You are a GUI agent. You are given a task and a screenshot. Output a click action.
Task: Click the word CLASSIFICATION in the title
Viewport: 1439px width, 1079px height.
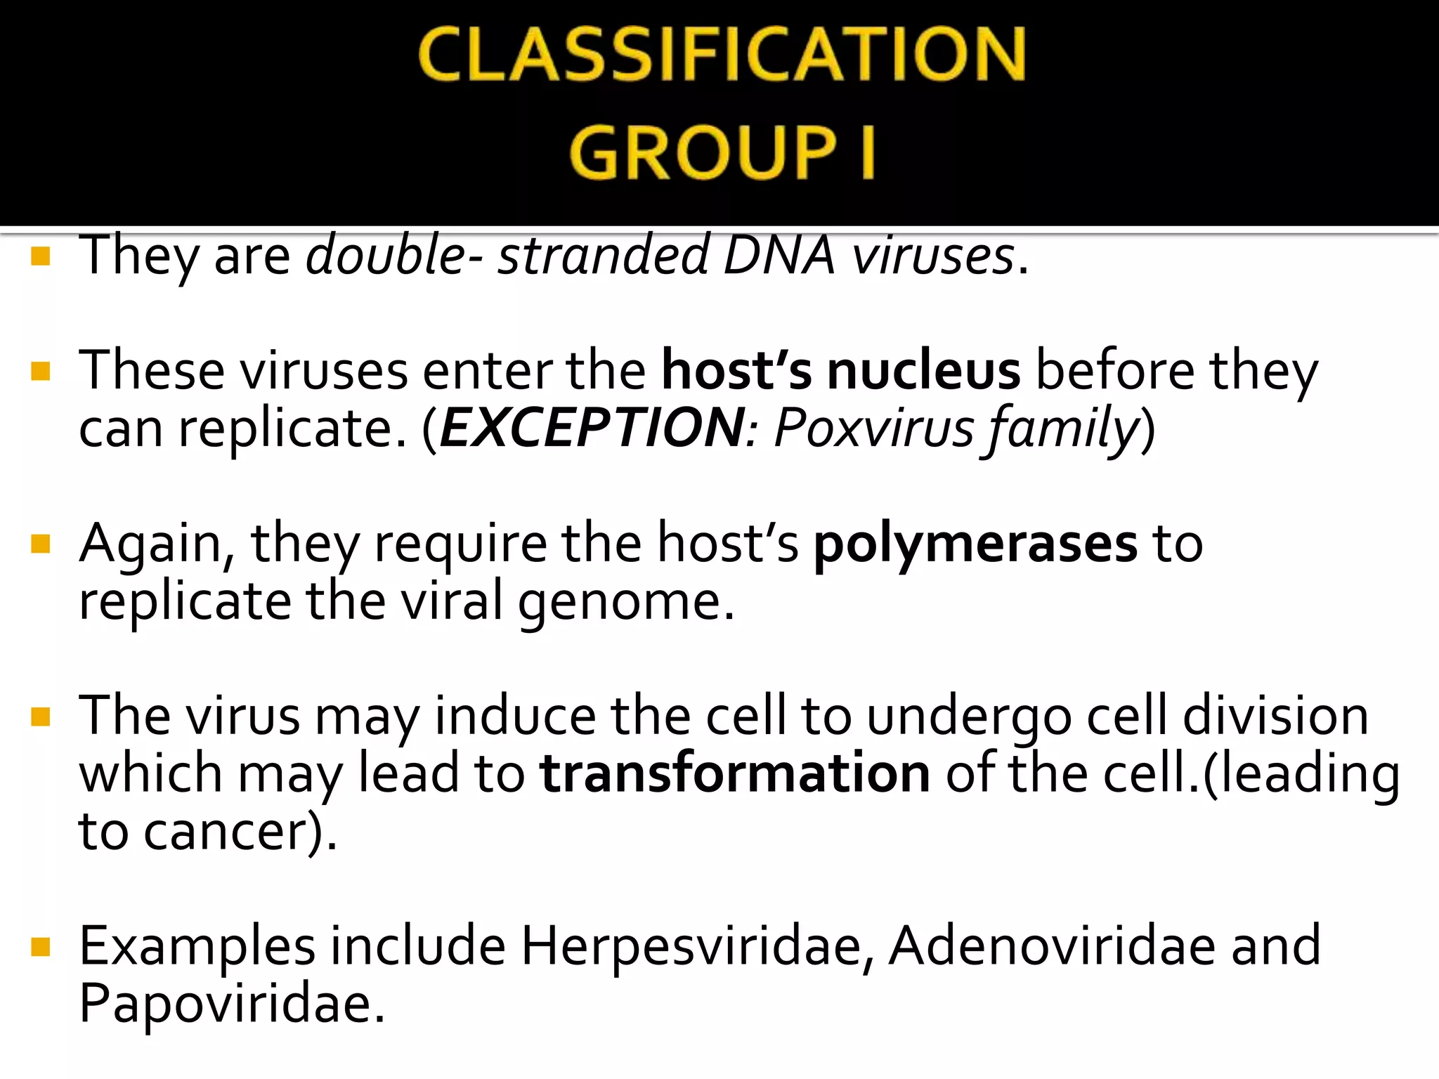tap(722, 55)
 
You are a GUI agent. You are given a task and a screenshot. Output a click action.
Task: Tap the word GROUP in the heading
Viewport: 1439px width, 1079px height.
tap(703, 152)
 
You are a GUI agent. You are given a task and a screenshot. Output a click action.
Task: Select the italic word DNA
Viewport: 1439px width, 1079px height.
tap(779, 254)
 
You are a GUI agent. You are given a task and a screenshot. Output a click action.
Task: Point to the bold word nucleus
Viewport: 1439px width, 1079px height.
tap(923, 370)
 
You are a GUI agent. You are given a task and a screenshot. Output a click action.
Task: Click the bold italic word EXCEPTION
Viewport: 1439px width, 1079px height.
tap(592, 428)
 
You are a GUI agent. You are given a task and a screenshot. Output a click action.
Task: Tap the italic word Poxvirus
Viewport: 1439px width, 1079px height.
tap(873, 428)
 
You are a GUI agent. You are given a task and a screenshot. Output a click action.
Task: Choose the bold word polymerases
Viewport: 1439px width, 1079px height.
tap(975, 544)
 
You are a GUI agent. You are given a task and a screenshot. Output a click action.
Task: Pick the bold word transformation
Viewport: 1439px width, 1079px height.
tap(735, 773)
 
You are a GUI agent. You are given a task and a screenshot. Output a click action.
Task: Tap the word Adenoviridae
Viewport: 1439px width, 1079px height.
tap(1052, 946)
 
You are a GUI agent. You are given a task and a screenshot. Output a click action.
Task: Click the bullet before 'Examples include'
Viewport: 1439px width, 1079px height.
tap(41, 947)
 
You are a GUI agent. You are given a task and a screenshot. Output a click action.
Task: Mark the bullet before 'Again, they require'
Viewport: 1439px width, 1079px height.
tap(41, 544)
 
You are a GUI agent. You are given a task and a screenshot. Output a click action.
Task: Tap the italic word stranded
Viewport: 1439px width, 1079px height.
tap(603, 254)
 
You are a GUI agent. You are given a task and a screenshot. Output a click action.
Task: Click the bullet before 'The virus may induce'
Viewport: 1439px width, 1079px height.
tap(41, 717)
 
